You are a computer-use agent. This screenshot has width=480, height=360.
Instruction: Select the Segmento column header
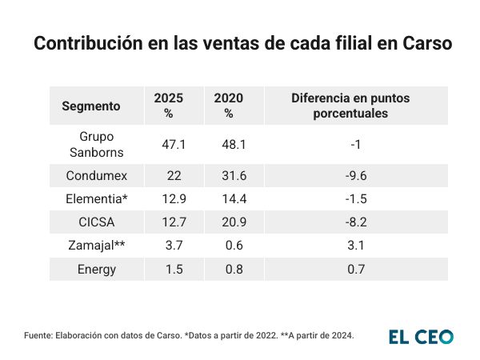coord(91,106)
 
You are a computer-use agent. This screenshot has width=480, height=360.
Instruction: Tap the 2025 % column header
coord(169,106)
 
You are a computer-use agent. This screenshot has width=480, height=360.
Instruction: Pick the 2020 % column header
coord(229,106)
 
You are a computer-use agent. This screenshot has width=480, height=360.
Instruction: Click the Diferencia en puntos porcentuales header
coord(350,106)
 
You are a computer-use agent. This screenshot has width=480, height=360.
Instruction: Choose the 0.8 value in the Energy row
coord(229,269)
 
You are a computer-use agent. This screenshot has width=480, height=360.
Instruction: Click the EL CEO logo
coord(421,336)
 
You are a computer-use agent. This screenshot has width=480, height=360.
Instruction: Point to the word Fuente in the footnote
coord(38,335)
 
